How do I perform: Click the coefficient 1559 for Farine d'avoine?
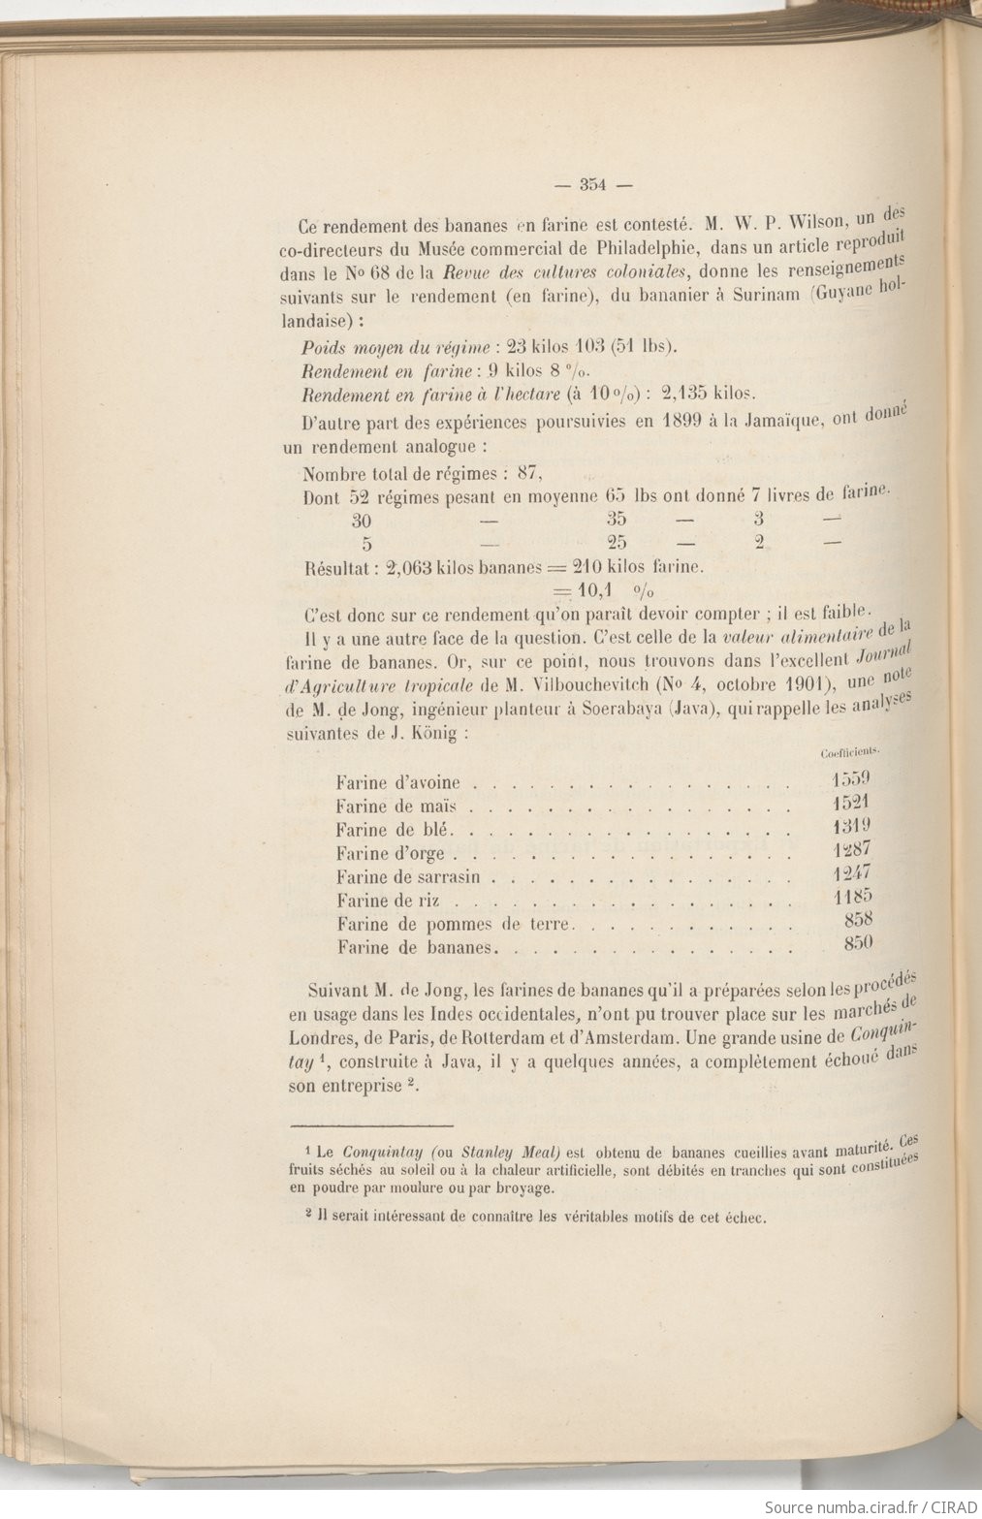(x=852, y=777)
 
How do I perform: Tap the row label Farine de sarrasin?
(x=411, y=877)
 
